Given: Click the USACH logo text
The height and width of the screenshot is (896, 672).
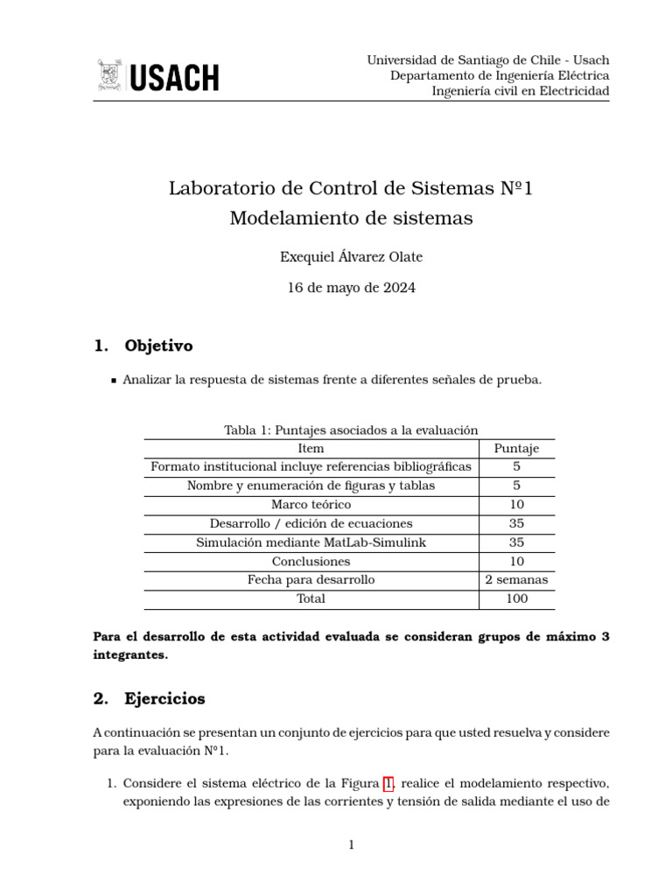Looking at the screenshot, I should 175,77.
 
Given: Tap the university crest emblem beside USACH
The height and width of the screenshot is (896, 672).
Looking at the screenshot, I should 110,76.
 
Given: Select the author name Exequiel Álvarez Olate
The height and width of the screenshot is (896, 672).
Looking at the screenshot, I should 351,256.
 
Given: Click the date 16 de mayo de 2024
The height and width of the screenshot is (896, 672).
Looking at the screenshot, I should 351,287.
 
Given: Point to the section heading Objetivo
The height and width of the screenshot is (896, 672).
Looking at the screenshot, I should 158,346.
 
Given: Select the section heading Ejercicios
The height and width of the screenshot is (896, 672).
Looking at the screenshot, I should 164,698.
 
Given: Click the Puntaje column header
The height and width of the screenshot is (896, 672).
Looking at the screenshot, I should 516,448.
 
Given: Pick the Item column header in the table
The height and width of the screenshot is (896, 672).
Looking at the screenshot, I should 311,448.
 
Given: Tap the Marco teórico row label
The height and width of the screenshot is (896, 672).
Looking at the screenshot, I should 311,504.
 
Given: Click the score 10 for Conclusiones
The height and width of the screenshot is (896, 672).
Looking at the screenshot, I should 516,561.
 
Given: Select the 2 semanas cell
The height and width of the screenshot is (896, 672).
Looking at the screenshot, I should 516,579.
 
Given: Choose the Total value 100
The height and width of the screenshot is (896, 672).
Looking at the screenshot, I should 516,598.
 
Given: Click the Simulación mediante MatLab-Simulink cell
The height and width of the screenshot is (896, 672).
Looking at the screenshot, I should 311,542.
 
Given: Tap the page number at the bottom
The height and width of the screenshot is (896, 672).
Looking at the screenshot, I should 351,844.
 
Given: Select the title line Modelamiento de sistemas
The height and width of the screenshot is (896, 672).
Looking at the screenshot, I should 351,218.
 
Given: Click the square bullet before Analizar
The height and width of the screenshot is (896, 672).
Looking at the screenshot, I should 114,381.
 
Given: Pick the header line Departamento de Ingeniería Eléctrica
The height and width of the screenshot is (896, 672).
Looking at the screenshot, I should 500,75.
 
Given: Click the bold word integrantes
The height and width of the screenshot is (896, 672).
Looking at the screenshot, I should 129,654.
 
